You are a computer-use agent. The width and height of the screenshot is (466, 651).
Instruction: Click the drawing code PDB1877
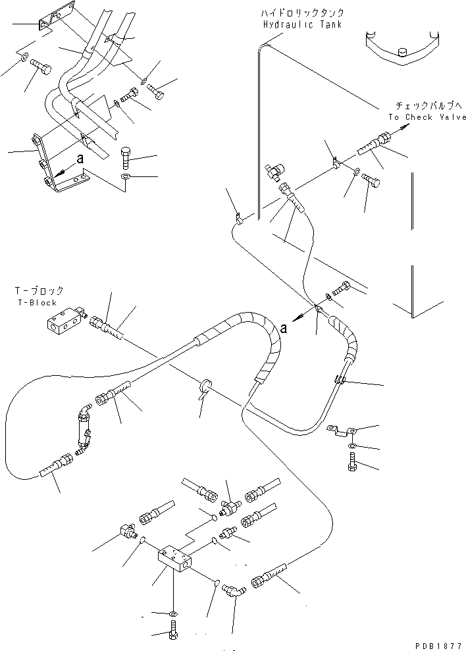coord(440,644)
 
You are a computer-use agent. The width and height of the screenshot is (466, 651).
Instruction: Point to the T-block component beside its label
coord(65,323)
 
